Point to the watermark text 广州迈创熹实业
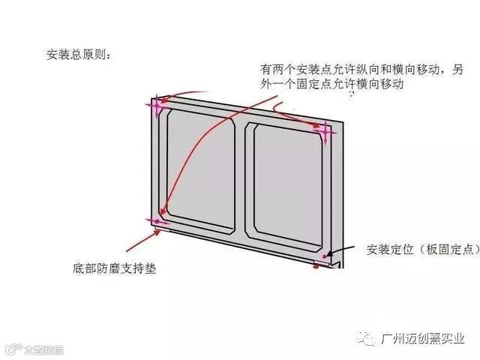click(424, 339)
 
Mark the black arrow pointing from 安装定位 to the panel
click(341, 252)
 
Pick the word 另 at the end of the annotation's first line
click(458, 70)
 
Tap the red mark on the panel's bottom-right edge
click(316, 267)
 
